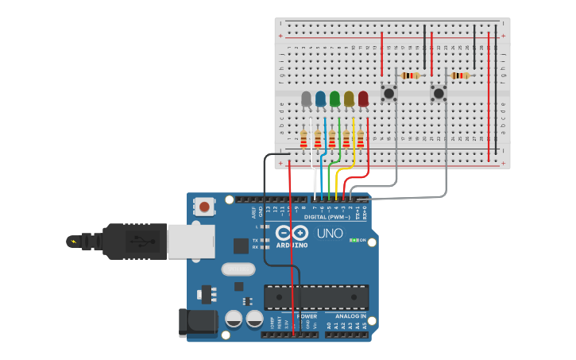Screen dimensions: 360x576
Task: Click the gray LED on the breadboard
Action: point(306,99)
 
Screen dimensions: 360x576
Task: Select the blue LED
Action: point(320,99)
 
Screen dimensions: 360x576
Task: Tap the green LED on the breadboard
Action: point(334,99)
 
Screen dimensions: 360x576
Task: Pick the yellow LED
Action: point(349,99)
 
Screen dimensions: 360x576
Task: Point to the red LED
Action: point(363,99)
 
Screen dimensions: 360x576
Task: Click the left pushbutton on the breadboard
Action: point(389,94)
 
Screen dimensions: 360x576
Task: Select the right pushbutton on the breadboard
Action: point(438,94)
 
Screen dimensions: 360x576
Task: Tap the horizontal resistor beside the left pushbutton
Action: point(410,75)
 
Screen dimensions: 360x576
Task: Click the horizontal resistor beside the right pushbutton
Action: point(459,75)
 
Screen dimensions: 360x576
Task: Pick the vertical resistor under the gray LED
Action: point(303,140)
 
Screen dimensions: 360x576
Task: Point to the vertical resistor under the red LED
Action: point(360,140)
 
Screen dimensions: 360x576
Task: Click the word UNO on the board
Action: point(330,234)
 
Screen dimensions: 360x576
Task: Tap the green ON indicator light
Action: point(353,240)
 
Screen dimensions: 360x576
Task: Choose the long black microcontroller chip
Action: point(316,296)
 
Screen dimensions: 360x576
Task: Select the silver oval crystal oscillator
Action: point(238,269)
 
